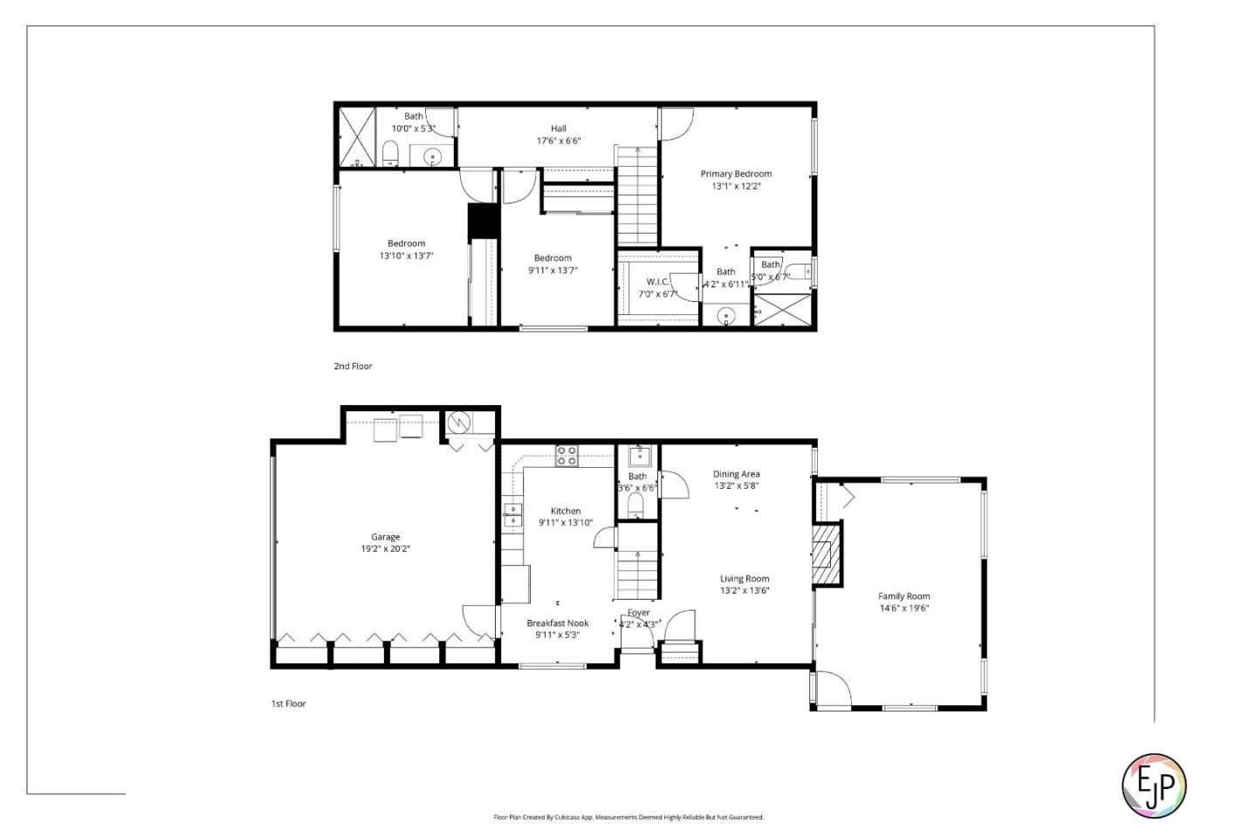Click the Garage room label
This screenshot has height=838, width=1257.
(385, 537)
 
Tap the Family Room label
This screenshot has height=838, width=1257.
(903, 596)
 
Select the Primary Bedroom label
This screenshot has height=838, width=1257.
(736, 174)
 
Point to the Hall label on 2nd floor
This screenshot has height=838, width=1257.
(558, 128)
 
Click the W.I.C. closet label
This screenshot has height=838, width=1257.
(657, 281)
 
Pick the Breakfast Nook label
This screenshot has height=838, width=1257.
(557, 623)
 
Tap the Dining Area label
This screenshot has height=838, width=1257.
(736, 474)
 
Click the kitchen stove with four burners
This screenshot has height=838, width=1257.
(567, 456)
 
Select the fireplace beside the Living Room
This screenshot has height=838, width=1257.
(825, 553)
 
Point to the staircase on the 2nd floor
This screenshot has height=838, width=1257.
(637, 196)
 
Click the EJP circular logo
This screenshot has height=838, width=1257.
(1153, 786)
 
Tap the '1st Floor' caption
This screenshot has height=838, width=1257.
(288, 704)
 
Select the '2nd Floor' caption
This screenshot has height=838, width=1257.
(353, 367)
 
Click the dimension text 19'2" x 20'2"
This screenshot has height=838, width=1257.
(385, 549)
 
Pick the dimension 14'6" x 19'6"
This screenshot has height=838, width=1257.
(903, 608)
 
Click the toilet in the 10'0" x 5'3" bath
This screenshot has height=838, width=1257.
(390, 154)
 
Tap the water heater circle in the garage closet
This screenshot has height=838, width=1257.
(459, 423)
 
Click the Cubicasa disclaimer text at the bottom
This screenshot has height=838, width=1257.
(628, 817)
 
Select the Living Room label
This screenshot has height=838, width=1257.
(744, 579)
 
